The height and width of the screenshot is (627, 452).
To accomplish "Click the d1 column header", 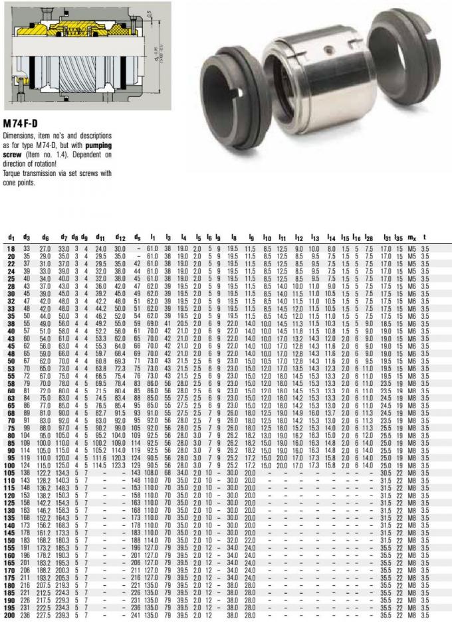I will [x=11, y=237].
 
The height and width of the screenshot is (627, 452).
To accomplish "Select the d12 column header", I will [x=120, y=237].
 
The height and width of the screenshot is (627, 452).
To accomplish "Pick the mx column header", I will [x=412, y=237].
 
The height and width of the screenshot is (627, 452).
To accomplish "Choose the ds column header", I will [x=137, y=237].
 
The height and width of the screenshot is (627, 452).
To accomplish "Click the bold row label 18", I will [x=11, y=248].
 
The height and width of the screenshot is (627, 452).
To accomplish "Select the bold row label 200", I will [x=11, y=616].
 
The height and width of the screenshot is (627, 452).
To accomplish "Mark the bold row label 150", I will [x=11, y=539].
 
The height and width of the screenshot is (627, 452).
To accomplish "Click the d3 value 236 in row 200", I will [x=27, y=616].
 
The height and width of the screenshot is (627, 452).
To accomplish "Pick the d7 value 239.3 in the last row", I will [x=64, y=616].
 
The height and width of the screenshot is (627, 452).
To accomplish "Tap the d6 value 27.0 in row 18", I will [x=45, y=248].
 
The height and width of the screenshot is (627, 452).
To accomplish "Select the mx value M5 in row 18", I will [x=412, y=248].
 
